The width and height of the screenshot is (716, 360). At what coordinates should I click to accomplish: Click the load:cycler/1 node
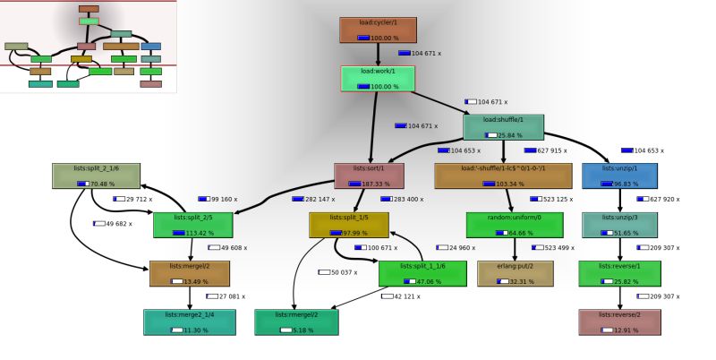tap(378, 30)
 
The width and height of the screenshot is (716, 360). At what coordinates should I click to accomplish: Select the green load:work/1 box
tap(378, 78)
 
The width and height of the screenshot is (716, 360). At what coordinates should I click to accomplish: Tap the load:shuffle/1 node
tap(503, 127)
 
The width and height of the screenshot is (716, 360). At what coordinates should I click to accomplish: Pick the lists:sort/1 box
tap(369, 176)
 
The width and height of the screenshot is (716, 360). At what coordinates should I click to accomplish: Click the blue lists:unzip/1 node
tap(619, 176)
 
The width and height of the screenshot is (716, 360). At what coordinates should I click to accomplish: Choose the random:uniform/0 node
tap(515, 224)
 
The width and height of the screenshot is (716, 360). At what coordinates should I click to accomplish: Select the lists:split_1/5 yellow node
tap(348, 224)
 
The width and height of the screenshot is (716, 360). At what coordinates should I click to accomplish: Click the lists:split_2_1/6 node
tap(98, 176)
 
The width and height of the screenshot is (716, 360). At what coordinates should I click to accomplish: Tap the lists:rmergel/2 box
tap(297, 322)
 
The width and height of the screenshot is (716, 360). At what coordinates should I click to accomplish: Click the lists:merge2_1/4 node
tap(190, 322)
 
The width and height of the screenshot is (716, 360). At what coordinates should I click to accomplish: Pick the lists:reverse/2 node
tap(619, 322)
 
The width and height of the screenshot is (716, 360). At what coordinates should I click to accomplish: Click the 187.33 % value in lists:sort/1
tap(375, 184)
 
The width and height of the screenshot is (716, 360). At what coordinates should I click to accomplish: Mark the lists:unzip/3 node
tap(619, 224)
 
